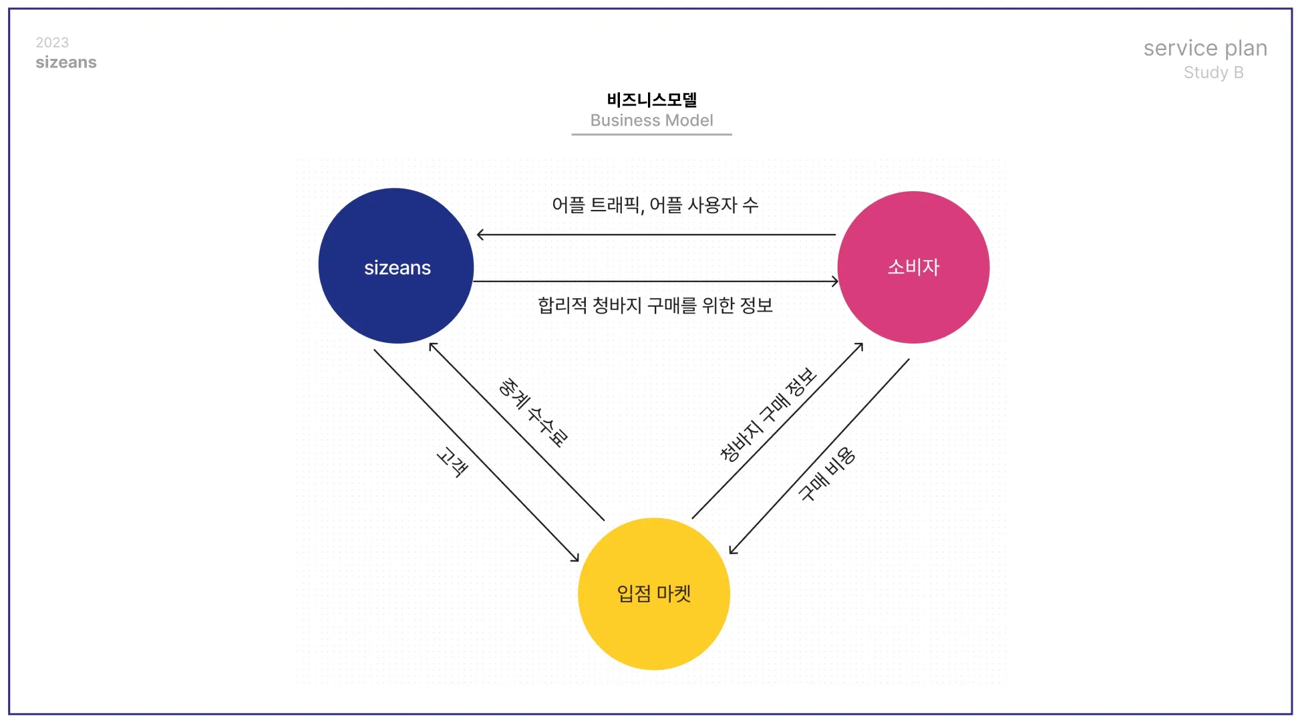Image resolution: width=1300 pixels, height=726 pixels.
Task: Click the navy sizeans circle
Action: (x=396, y=266)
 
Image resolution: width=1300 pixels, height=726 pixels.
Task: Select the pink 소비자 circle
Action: (x=913, y=267)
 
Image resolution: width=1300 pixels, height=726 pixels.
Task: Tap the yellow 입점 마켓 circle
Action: (x=653, y=594)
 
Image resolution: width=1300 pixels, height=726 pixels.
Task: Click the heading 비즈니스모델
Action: (x=651, y=100)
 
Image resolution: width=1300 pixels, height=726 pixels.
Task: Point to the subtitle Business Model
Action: (x=651, y=120)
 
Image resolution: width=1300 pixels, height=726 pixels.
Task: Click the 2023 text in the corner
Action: (x=52, y=43)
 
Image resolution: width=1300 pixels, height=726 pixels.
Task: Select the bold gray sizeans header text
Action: (x=66, y=62)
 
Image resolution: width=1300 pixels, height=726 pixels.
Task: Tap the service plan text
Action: (x=1204, y=48)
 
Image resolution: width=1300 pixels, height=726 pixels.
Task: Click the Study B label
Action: (x=1213, y=72)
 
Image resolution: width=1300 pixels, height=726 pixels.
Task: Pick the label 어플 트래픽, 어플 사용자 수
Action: (x=655, y=205)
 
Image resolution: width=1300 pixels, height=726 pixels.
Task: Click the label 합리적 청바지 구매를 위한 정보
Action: (x=655, y=306)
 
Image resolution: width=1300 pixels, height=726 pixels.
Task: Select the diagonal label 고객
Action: (x=452, y=462)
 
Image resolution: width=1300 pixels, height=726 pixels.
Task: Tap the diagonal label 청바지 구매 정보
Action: (x=768, y=414)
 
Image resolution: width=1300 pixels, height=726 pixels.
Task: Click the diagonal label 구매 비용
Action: (x=827, y=474)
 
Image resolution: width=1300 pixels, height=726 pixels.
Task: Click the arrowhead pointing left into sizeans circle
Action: (x=480, y=235)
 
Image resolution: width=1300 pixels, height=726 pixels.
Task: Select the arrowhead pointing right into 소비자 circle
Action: (x=835, y=281)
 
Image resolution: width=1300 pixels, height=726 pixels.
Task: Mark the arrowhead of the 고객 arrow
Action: (x=576, y=558)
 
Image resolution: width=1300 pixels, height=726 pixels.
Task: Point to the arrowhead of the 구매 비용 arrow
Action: (x=733, y=550)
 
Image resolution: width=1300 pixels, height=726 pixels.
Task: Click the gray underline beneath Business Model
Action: (x=651, y=134)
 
